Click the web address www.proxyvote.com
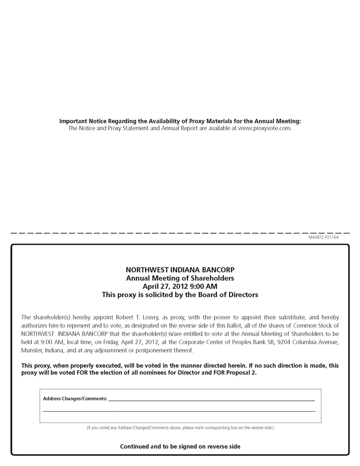264,128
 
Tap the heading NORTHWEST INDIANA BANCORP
180,270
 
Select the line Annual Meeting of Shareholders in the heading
180,278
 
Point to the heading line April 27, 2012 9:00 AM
180,286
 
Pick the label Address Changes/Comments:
75,399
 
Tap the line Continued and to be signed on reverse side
180,447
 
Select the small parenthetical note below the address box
180,428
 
